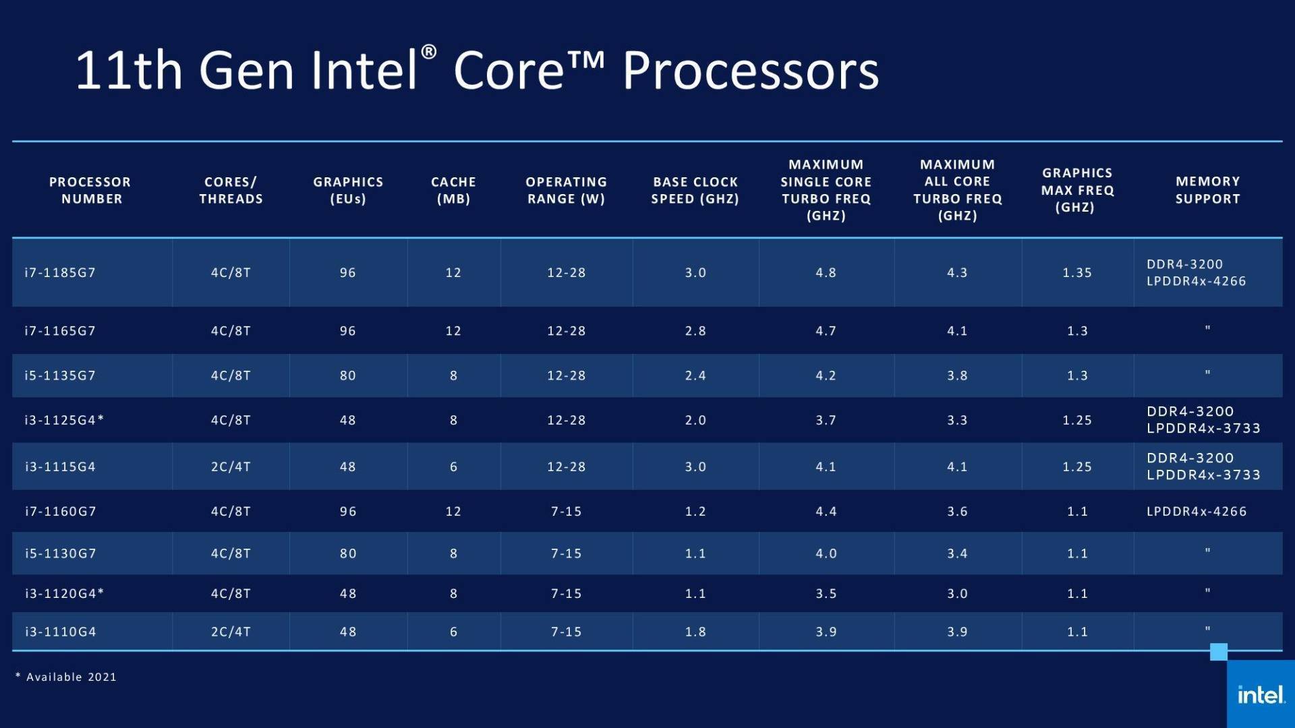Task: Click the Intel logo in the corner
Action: (1260, 694)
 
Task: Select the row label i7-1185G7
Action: (60, 273)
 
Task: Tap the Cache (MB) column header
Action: (453, 190)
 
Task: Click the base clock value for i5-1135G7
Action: (695, 375)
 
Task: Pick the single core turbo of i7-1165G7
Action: (826, 331)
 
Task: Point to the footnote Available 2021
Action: (66, 677)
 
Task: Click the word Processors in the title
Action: (750, 71)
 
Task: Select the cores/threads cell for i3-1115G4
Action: (231, 466)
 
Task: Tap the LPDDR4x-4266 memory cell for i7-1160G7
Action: (1197, 512)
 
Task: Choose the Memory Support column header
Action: (1207, 190)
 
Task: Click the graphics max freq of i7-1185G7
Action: (1076, 273)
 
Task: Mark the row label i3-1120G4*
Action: (64, 594)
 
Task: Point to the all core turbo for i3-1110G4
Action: (957, 632)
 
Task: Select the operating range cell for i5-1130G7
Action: (566, 553)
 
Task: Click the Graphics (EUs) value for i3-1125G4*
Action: (347, 420)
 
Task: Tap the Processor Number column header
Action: (90, 190)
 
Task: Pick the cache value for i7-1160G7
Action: (453, 512)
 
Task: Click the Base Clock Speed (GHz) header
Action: (695, 190)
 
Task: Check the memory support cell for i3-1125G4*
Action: (1203, 420)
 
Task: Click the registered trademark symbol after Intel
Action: (429, 52)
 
